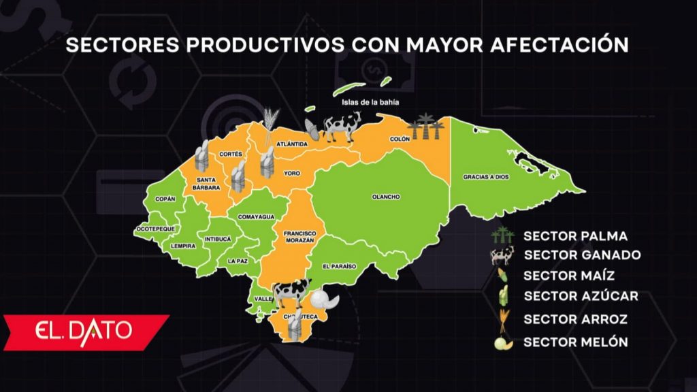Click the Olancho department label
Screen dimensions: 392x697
[x=385, y=197]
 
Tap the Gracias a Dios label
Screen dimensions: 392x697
[x=485, y=176]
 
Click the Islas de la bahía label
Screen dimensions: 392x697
[x=370, y=103]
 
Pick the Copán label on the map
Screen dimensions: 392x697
[x=165, y=199]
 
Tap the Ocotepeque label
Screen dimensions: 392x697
[x=155, y=229]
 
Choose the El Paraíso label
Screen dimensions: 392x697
[x=340, y=266]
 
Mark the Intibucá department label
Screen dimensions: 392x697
[x=218, y=240]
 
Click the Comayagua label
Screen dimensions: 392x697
[x=256, y=216]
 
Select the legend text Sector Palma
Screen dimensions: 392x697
[x=575, y=236]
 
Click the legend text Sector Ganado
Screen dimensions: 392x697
[x=582, y=255]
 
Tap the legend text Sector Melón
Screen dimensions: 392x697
[x=576, y=342]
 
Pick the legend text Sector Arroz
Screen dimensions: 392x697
[x=576, y=318]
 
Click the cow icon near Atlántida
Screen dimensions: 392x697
[x=341, y=127]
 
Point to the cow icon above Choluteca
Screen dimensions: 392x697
[x=291, y=292]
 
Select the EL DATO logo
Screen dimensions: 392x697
[x=85, y=331]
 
